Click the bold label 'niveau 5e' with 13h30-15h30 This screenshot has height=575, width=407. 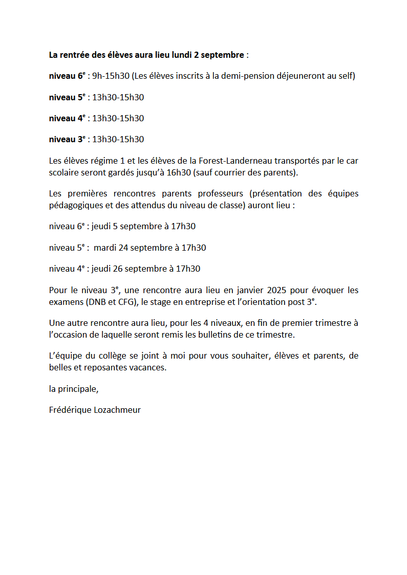[67, 97]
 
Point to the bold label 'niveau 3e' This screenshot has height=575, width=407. [67, 139]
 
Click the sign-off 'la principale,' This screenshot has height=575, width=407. [74, 389]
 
